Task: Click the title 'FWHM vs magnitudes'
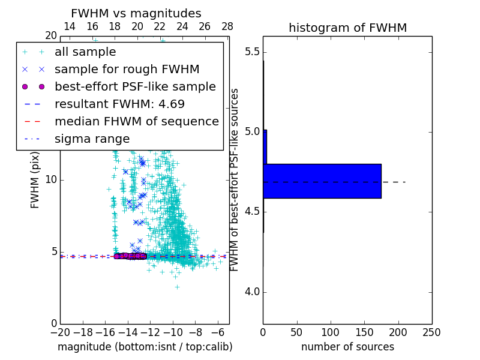[136, 13]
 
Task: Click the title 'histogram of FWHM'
[347, 28]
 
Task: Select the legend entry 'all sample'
[85, 52]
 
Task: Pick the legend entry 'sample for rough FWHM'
[127, 70]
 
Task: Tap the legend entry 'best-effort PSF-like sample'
[135, 87]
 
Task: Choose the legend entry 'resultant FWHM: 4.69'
[119, 104]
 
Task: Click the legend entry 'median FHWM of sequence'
[136, 122]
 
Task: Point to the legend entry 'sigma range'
[92, 139]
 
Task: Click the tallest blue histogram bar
[322, 181]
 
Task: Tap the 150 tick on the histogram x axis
[364, 332]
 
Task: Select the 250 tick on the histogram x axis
[431, 332]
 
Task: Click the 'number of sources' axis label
[347, 347]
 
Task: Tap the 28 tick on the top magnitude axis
[227, 26]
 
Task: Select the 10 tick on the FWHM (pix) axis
[50, 180]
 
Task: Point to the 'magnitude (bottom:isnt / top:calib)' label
[145, 347]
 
